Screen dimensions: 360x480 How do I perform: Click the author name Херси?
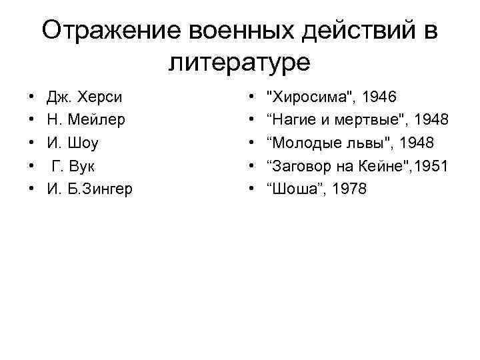(99, 97)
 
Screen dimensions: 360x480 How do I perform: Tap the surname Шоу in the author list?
(80, 143)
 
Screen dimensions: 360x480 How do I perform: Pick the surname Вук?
(79, 166)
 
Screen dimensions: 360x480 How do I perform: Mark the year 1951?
(432, 166)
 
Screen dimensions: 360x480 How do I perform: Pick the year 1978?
(343, 189)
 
